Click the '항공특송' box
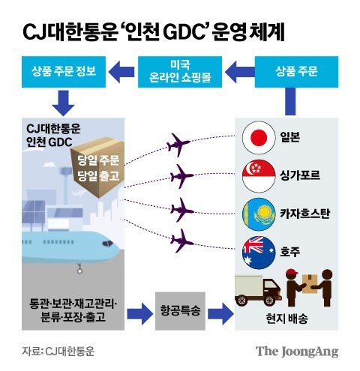tap(180, 310)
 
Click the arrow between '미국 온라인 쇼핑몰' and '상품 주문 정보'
tap(119, 73)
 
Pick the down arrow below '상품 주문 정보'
tap(62, 99)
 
